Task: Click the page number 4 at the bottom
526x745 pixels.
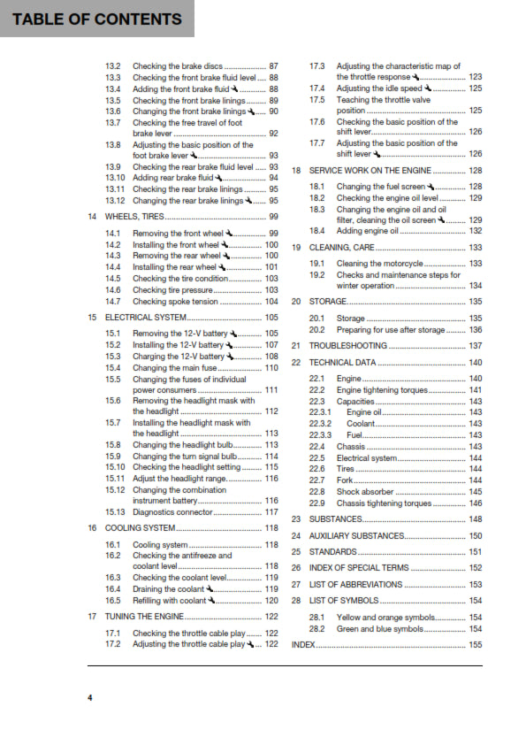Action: [89, 698]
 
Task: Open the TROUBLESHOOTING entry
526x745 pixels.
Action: [348, 346]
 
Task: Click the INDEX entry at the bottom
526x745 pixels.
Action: [303, 645]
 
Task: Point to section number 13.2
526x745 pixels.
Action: [112, 66]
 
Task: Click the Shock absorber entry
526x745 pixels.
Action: [365, 492]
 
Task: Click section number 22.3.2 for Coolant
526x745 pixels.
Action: [320, 424]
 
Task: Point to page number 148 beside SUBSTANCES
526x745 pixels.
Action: [475, 519]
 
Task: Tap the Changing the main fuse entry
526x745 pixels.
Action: [173, 367]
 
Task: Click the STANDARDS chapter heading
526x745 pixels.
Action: [332, 552]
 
